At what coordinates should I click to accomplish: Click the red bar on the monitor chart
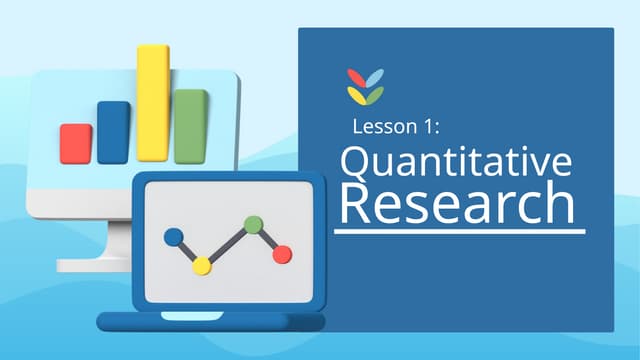(76, 143)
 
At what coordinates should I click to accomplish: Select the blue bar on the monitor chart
(113, 131)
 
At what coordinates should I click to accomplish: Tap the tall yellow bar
(153, 102)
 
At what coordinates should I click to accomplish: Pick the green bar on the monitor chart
(191, 126)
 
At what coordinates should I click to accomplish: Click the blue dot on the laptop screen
(174, 237)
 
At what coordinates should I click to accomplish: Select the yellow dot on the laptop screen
(202, 265)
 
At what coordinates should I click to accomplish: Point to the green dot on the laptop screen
(254, 225)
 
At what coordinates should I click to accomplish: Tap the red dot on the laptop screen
(282, 254)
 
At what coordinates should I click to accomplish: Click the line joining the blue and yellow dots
(188, 251)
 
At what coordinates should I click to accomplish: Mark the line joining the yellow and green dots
(228, 245)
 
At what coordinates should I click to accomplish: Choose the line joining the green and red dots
(268, 240)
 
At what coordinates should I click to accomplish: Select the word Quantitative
(456, 163)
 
